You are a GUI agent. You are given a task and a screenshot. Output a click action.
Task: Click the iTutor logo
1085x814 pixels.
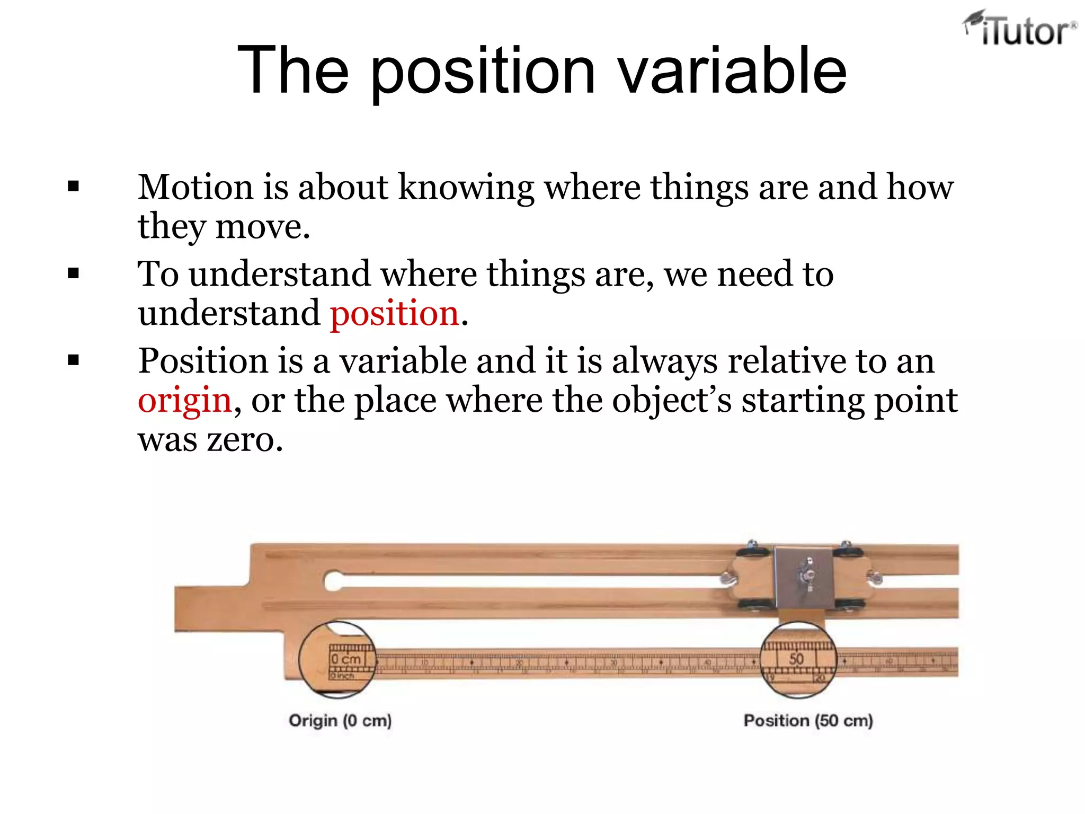1020,29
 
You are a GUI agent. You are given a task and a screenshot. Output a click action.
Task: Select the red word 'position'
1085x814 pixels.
394,313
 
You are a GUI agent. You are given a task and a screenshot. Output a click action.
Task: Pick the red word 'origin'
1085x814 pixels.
184,400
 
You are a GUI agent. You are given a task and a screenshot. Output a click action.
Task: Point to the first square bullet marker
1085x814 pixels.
74,187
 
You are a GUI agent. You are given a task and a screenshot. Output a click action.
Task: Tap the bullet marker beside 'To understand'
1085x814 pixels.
74,273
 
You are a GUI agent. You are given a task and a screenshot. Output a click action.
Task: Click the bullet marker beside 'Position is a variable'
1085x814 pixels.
74,360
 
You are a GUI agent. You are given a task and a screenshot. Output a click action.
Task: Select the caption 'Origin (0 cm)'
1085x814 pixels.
340,721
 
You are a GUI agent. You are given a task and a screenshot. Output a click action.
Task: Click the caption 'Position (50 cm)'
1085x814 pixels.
808,721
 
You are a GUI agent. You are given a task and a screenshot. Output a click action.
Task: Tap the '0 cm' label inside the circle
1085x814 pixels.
346,659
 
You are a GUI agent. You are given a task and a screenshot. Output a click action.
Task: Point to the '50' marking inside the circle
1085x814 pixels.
796,659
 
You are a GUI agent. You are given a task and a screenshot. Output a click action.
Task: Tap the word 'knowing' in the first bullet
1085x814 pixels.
466,188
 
